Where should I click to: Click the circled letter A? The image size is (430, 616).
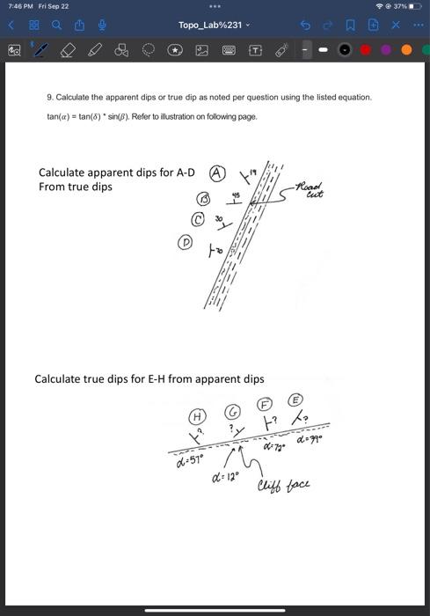(x=216, y=172)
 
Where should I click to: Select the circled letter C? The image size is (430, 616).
(x=199, y=219)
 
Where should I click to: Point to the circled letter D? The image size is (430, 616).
(x=186, y=241)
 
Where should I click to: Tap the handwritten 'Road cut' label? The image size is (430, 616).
(x=310, y=190)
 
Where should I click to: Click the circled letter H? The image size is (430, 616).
(x=198, y=414)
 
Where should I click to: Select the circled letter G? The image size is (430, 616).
(x=233, y=411)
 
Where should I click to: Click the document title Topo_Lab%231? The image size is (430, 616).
(x=212, y=26)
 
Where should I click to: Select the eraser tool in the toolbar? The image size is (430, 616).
(x=67, y=51)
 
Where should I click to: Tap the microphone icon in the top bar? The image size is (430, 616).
(x=102, y=26)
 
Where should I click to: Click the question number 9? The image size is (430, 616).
(x=49, y=97)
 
